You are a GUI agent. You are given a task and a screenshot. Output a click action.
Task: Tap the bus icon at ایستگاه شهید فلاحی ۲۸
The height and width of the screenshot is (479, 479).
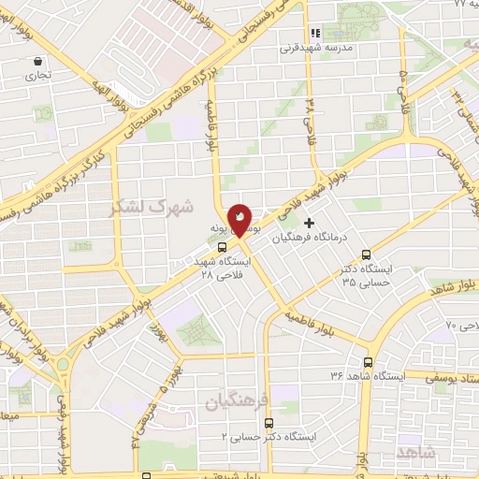click(222, 248)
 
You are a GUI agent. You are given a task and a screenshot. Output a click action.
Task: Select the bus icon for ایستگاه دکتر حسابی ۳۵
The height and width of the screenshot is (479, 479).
click(366, 254)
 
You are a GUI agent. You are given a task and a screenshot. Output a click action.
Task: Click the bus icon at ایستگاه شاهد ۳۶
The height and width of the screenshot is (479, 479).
click(368, 362)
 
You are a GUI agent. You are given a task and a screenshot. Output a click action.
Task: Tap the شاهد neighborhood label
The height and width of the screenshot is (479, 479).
click(416, 452)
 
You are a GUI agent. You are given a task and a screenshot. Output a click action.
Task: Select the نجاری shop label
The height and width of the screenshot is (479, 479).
click(37, 74)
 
